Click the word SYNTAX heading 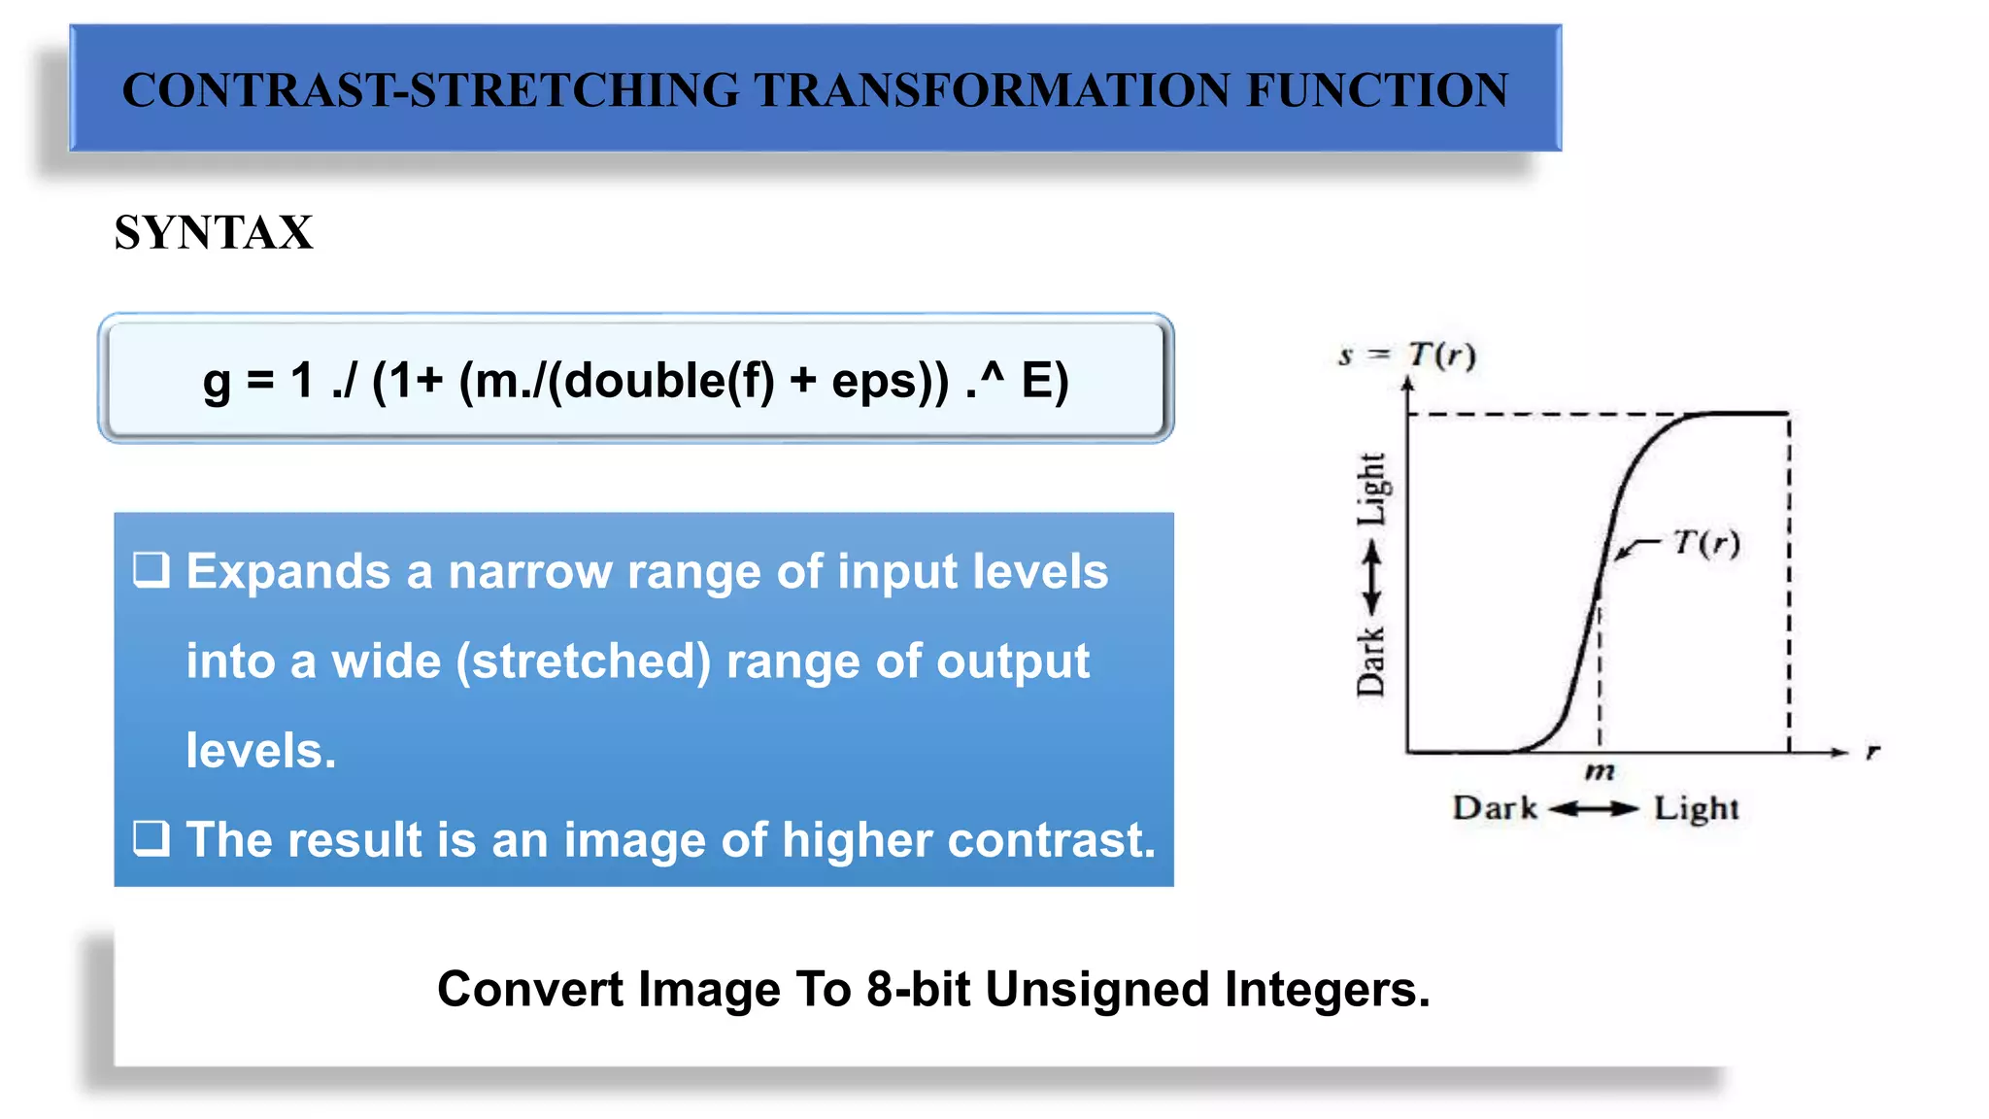click(x=214, y=233)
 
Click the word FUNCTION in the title click(x=1376, y=90)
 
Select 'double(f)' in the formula click(x=668, y=380)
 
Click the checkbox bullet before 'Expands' click(x=152, y=570)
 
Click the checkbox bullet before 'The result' click(x=152, y=837)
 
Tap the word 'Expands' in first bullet click(x=287, y=572)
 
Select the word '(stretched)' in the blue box click(x=584, y=661)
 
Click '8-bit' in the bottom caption click(x=918, y=990)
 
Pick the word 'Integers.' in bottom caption click(x=1327, y=990)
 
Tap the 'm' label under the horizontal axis click(x=1599, y=772)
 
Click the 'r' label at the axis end click(x=1872, y=751)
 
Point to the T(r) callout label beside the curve click(x=1705, y=542)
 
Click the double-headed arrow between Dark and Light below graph click(x=1593, y=808)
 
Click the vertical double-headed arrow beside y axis click(x=1371, y=578)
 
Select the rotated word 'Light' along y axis click(x=1371, y=489)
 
